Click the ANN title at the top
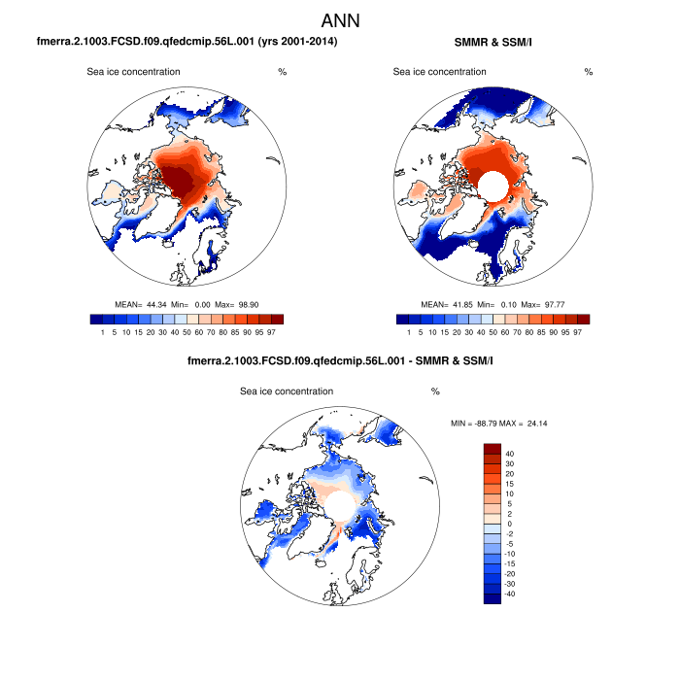(340, 19)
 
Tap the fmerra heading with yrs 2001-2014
(187, 42)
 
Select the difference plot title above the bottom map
(340, 362)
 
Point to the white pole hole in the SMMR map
(492, 185)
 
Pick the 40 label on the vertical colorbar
(509, 454)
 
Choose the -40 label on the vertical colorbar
(511, 593)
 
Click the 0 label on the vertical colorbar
(507, 524)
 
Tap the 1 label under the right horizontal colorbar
(409, 332)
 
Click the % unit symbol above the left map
(282, 72)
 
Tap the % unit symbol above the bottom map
(435, 391)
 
